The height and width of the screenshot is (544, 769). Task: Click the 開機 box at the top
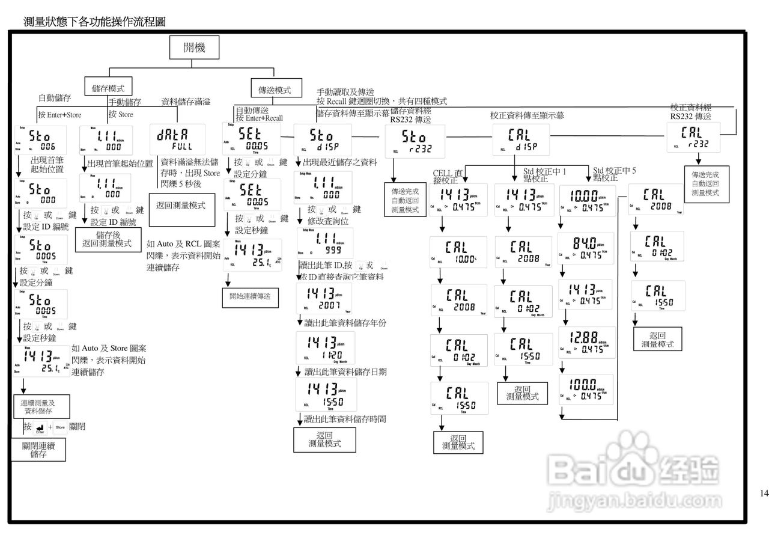pyautogui.click(x=195, y=48)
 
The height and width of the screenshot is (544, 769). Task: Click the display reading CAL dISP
pyautogui.click(x=521, y=139)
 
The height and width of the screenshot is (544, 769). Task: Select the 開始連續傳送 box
pyautogui.click(x=250, y=296)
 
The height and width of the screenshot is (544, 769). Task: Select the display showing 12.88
pyautogui.click(x=586, y=342)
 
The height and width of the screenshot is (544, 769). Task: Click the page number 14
pyautogui.click(x=764, y=494)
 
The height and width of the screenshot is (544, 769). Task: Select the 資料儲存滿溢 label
pyautogui.click(x=185, y=102)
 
